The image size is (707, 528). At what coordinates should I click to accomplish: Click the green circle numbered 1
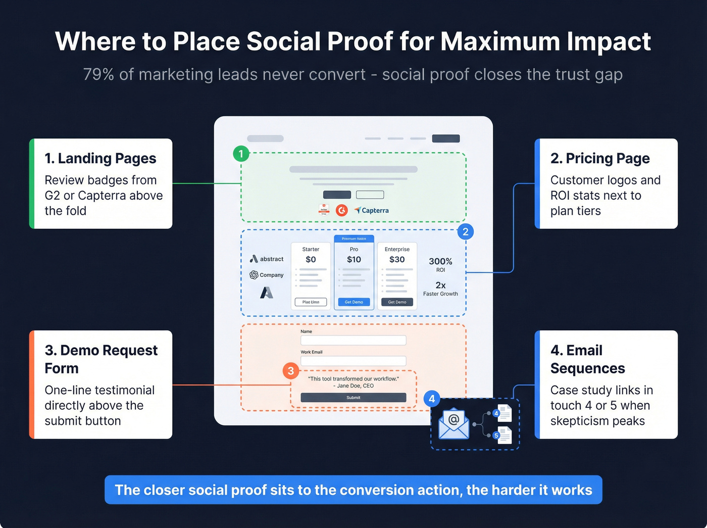click(x=241, y=154)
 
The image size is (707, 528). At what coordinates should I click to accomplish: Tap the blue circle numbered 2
click(x=466, y=232)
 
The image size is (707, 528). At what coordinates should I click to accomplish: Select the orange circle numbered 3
click(x=290, y=371)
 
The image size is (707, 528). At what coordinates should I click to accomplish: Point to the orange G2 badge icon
click(x=342, y=210)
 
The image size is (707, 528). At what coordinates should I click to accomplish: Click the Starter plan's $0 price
click(x=311, y=259)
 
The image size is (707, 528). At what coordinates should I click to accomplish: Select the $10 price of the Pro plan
click(x=354, y=259)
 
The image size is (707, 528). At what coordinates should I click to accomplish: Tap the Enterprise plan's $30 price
click(x=397, y=259)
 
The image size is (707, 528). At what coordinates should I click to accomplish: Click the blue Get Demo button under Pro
click(x=354, y=302)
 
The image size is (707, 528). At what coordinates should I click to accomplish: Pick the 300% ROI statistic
click(x=440, y=262)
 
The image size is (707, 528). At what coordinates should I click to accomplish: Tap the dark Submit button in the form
click(x=353, y=398)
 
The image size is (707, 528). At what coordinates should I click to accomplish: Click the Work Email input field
click(x=353, y=361)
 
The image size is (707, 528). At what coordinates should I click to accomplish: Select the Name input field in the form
click(x=353, y=340)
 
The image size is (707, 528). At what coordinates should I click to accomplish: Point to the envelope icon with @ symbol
click(x=453, y=423)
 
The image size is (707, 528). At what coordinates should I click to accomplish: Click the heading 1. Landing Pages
click(x=100, y=158)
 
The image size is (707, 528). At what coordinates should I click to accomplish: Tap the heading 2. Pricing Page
click(x=600, y=158)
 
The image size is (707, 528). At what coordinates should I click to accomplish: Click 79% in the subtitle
click(x=98, y=74)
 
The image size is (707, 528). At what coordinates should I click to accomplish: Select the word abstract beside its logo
click(x=272, y=259)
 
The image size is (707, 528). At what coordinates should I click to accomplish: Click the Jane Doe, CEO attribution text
click(x=353, y=386)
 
